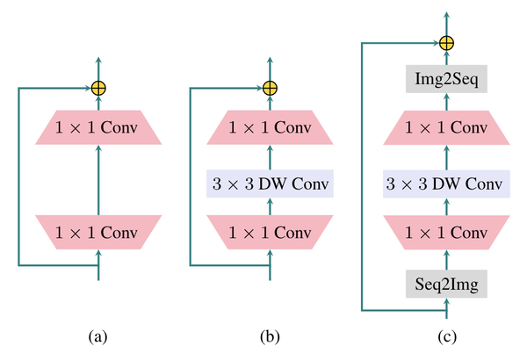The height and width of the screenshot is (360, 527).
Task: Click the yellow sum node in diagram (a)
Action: (97, 88)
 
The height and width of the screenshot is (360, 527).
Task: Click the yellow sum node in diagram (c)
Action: (446, 42)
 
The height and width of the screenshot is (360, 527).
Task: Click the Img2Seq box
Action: (446, 81)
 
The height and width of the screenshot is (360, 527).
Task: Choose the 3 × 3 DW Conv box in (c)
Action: (446, 184)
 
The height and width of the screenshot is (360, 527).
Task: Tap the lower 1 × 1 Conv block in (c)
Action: (446, 232)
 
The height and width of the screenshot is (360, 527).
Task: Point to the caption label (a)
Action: (97, 335)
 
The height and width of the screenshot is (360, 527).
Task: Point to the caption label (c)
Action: (446, 335)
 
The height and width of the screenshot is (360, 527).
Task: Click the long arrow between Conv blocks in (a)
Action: (97, 180)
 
